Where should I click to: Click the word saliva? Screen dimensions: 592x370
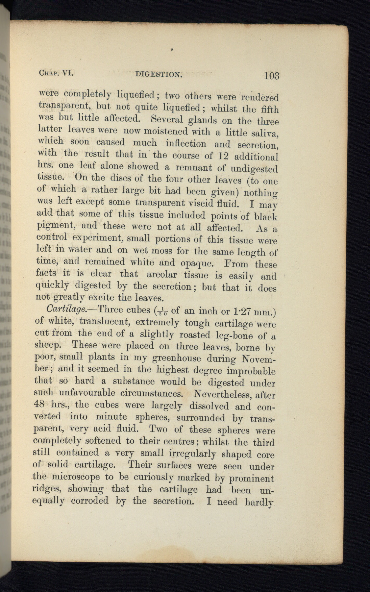pos(266,134)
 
